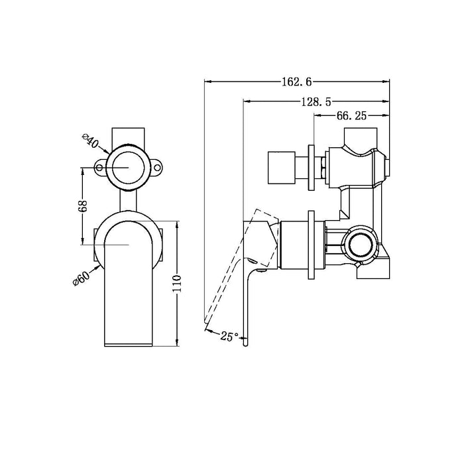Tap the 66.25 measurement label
tap(351, 115)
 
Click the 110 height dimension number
tap(188, 284)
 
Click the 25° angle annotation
tap(229, 337)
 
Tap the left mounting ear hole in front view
tap(101, 168)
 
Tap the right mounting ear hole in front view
tap(158, 168)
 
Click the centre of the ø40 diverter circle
tap(129, 167)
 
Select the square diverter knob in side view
tap(280, 167)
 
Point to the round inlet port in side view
tap(362, 244)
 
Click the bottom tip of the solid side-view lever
tap(247, 342)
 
